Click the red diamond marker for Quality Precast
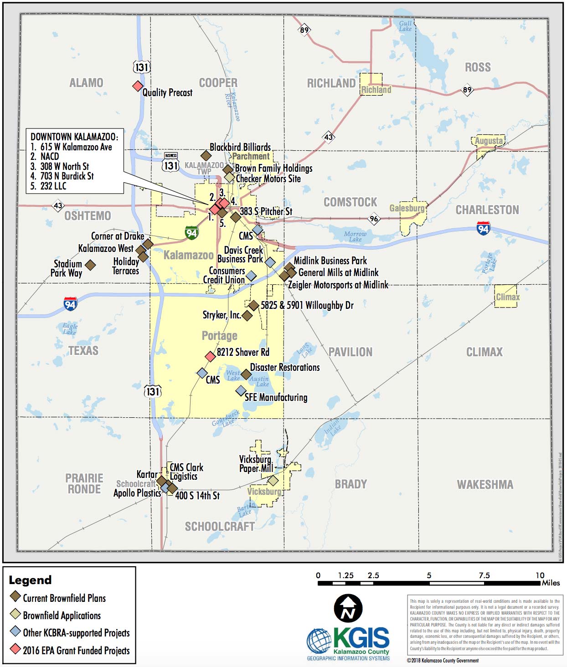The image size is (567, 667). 137,86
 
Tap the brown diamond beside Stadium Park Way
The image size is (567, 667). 90,265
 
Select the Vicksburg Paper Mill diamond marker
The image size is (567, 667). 273,480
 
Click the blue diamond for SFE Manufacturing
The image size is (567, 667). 241,390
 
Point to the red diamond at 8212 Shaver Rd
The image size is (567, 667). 210,356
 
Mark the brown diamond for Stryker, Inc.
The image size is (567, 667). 247,315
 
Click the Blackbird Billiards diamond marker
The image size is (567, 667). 206,156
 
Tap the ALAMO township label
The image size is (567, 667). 86,83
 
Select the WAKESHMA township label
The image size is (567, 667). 485,484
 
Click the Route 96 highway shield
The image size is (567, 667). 374,218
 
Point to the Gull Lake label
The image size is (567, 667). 405,26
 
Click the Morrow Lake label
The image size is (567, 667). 355,236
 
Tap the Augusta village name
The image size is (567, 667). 489,141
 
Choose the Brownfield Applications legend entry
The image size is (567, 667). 62,616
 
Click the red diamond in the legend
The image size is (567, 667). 15,650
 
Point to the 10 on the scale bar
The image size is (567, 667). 540,575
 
